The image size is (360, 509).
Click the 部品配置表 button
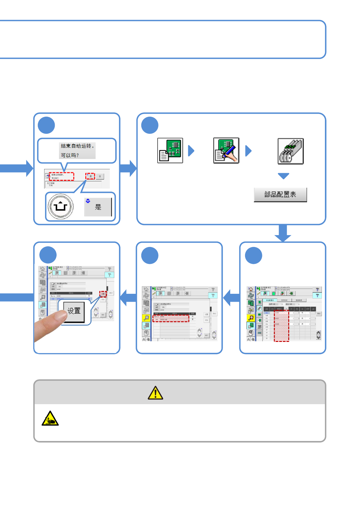pos(280,195)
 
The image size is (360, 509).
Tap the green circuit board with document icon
pos(170,151)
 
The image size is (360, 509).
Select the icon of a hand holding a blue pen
pos(226,151)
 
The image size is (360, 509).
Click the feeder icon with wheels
pos(290,151)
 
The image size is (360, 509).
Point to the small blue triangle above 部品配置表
pos(283,176)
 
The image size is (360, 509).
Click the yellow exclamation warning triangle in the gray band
pos(155,393)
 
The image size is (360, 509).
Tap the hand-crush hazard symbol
pos(50,419)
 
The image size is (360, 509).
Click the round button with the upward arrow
pos(61,206)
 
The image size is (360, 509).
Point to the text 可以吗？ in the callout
pos(70,155)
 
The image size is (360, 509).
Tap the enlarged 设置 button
pos(74,311)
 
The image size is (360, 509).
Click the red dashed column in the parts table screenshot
pos(281,326)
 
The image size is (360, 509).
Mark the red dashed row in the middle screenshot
pos(171,319)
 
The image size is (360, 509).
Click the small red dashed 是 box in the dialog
pos(90,176)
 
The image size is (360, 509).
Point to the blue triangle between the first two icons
pos(191,151)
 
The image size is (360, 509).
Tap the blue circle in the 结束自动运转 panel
pos(46,125)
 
